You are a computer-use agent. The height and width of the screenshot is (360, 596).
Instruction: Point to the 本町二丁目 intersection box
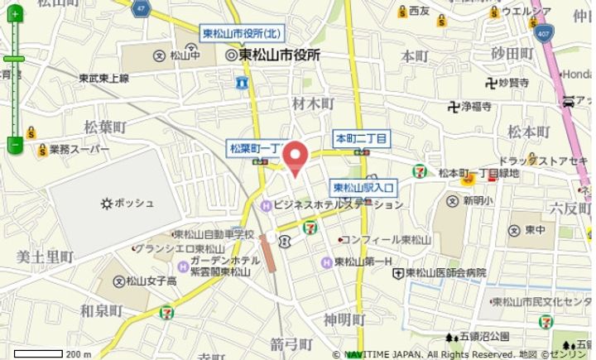coord(361,137)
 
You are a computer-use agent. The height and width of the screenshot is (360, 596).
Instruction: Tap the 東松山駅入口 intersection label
coord(363,187)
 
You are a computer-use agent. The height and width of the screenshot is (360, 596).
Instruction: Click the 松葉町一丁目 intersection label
coord(257,147)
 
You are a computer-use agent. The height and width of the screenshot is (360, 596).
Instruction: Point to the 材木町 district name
coord(313,103)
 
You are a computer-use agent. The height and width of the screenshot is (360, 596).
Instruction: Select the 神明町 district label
coord(344,319)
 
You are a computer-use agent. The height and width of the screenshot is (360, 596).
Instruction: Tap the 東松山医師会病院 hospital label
coord(450,272)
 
